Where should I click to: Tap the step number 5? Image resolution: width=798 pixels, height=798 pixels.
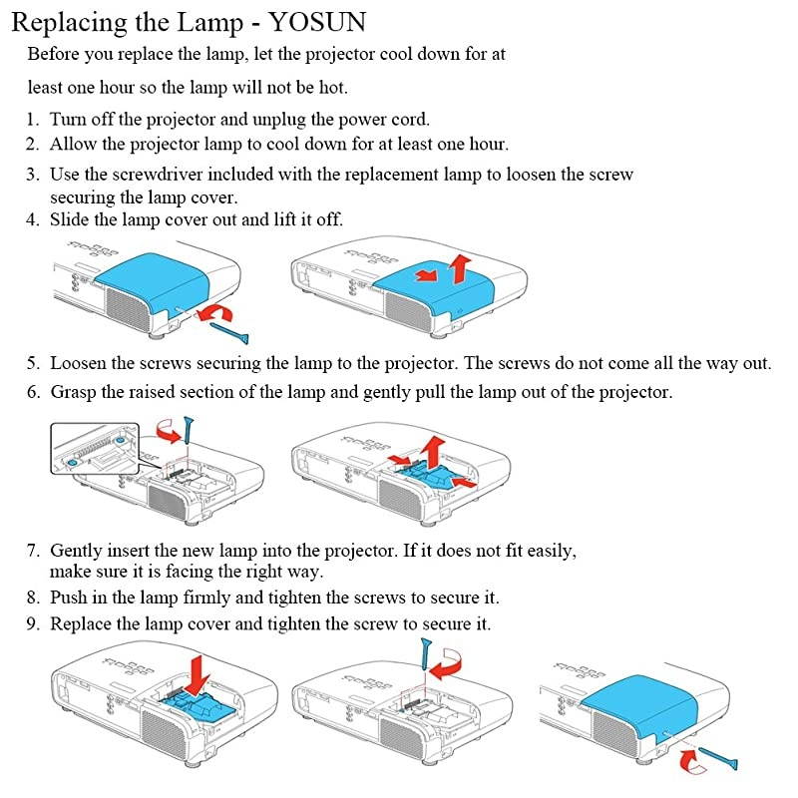(x=33, y=364)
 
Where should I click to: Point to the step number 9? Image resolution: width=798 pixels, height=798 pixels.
(x=33, y=624)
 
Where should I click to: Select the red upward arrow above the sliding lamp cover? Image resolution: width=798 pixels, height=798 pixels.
(x=460, y=266)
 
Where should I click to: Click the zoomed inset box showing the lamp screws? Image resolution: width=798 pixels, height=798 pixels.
(x=96, y=448)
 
